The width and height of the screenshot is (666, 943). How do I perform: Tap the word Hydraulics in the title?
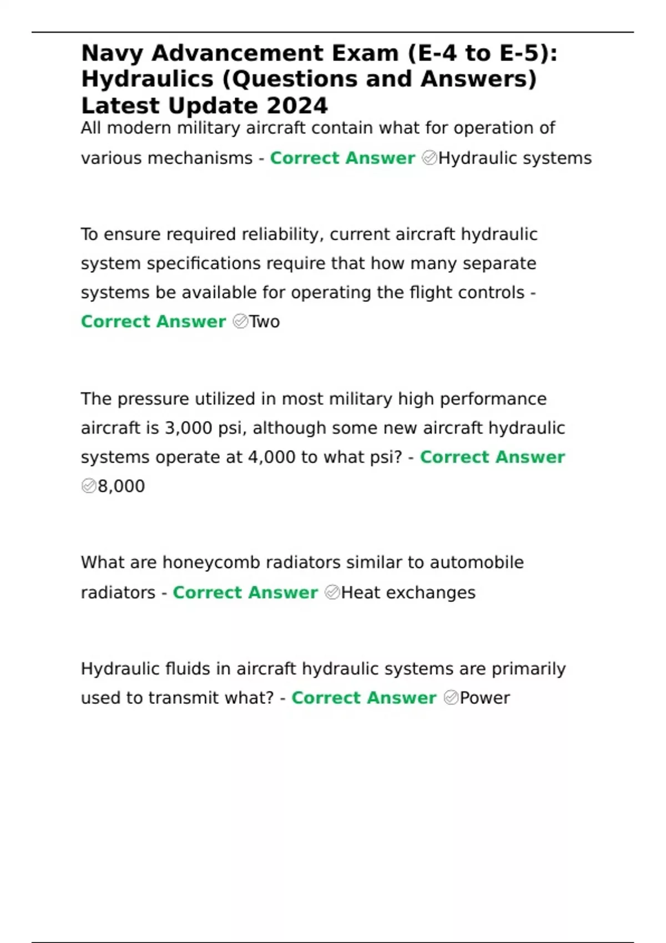[x=147, y=79]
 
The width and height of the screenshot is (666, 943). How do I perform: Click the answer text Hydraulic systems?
[x=515, y=159]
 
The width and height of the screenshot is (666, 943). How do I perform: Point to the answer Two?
[x=265, y=322]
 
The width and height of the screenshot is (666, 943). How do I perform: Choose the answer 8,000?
[x=121, y=486]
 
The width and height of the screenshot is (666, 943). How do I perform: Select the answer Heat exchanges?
[x=408, y=593]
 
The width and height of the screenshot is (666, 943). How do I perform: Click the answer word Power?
[x=485, y=698]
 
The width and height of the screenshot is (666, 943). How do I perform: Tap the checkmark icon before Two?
[x=240, y=322]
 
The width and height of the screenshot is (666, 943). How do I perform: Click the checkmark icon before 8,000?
[x=89, y=486]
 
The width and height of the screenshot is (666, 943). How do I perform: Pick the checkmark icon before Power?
[x=451, y=698]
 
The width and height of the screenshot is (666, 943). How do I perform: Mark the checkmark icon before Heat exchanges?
[x=332, y=593]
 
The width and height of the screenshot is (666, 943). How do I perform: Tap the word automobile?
[x=477, y=563]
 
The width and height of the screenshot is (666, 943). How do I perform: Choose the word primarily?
[x=528, y=669]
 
